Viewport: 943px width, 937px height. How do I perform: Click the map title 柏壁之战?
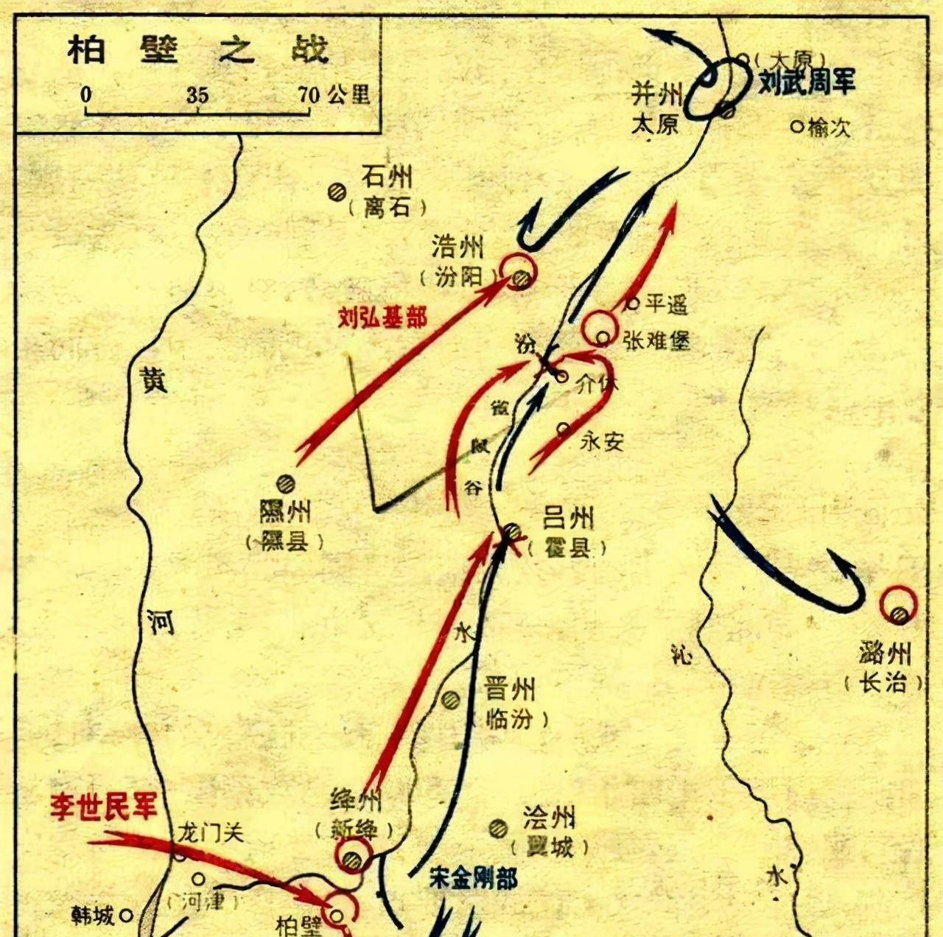click(x=197, y=51)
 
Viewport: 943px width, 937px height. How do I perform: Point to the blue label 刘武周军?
click(x=807, y=81)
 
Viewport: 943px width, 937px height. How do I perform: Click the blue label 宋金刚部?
click(x=474, y=878)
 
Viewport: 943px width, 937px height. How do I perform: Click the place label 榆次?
click(x=829, y=127)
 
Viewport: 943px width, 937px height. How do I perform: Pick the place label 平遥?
click(x=666, y=303)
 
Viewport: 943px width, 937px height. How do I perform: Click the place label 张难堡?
click(x=656, y=340)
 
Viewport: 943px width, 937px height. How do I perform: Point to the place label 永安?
click(x=602, y=441)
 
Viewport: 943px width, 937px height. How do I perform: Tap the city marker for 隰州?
click(x=285, y=484)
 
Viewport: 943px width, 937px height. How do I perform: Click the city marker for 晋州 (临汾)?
click(x=450, y=700)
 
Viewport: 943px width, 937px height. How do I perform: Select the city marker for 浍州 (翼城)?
click(x=499, y=828)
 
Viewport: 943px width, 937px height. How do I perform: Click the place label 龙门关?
click(x=210, y=832)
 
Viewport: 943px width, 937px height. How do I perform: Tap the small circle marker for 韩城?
click(x=126, y=916)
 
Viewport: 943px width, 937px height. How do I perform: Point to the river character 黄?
click(x=154, y=379)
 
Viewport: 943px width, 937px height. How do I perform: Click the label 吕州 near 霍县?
click(x=568, y=519)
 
